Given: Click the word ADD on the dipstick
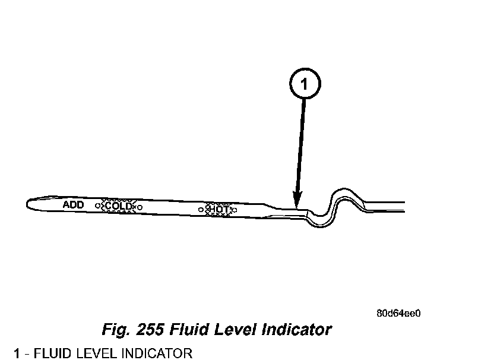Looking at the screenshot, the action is (x=74, y=204).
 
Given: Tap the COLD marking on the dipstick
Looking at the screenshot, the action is (x=118, y=206).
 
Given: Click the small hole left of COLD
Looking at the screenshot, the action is (x=97, y=205).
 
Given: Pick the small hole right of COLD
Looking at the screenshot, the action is (x=140, y=207).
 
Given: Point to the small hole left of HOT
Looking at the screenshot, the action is (x=201, y=209).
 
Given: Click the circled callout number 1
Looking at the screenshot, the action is (x=305, y=86).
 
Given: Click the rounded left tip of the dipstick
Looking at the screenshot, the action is (x=28, y=203).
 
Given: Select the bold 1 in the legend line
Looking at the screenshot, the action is (x=18, y=353).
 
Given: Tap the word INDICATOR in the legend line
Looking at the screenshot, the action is (x=156, y=353).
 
